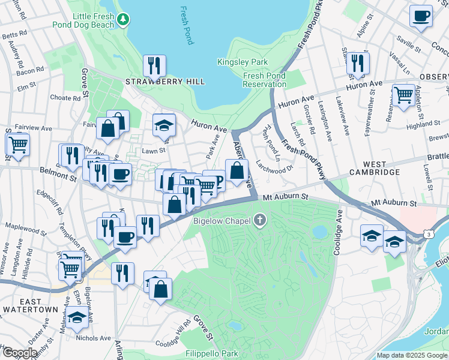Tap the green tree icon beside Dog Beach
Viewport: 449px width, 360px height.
(x=123, y=20)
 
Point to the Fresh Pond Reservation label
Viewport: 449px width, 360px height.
(x=265, y=80)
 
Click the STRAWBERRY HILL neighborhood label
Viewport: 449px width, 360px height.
(x=164, y=82)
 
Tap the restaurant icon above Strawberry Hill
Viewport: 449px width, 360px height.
(x=155, y=65)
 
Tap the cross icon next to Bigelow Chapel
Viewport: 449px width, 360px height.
(x=260, y=220)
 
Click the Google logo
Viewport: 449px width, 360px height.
(x=19, y=353)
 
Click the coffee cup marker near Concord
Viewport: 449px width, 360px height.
(x=421, y=15)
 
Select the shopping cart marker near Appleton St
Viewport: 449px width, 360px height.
(x=403, y=94)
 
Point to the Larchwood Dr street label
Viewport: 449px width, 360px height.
(x=274, y=164)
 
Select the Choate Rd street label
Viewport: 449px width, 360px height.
(x=65, y=97)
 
